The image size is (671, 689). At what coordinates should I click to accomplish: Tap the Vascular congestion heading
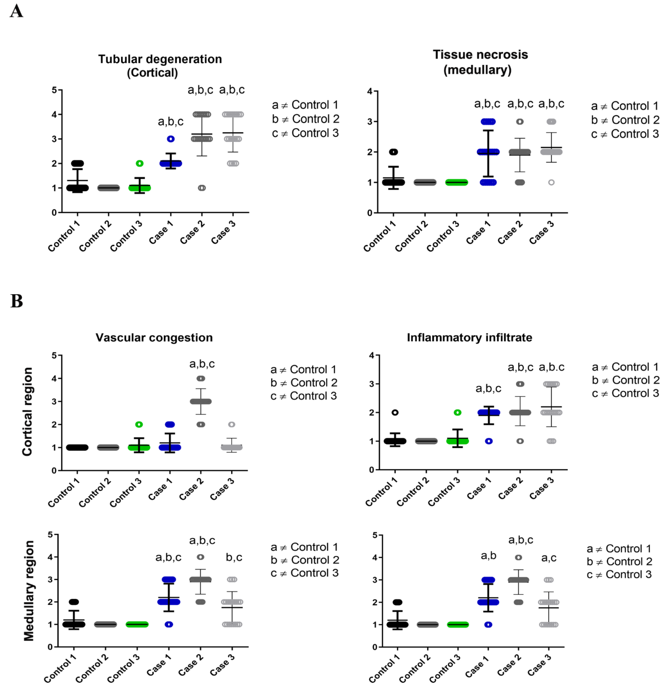coord(154,338)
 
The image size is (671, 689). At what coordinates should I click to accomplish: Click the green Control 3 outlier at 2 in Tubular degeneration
coord(140,163)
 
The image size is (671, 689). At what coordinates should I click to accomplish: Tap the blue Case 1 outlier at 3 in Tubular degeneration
coord(170,139)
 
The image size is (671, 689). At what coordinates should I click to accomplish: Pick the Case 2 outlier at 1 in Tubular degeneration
coord(202,188)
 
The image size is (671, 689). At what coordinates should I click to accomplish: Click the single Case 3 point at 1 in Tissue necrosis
coord(551,182)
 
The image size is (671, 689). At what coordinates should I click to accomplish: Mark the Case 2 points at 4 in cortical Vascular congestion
coord(201,379)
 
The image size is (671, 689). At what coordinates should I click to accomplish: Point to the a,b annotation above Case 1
coord(489,556)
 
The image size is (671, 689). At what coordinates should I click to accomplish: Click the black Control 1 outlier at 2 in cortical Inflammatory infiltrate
coord(395,412)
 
